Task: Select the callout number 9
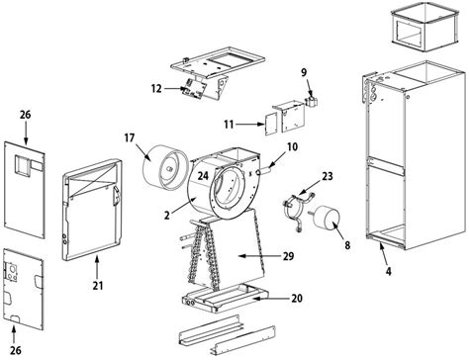(305, 71)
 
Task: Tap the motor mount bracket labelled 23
(292, 210)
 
